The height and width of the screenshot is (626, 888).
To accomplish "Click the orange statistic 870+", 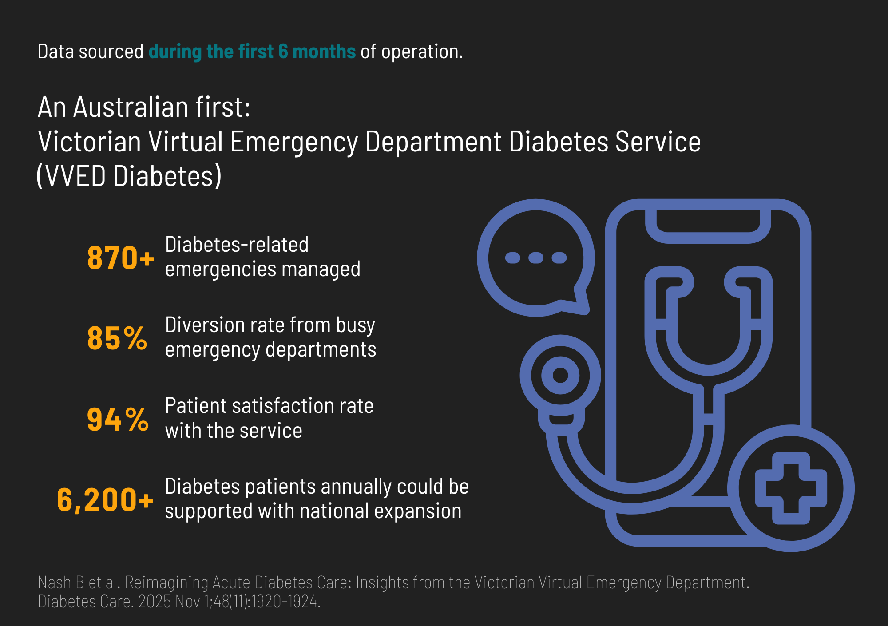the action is click(x=121, y=258).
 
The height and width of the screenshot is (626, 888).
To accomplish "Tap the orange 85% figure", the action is click(x=117, y=338).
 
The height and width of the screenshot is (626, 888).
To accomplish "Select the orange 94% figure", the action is click(x=118, y=419).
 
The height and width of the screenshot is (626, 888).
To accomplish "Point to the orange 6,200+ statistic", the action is click(x=105, y=500).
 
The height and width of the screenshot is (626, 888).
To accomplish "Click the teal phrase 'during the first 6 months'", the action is click(x=252, y=52).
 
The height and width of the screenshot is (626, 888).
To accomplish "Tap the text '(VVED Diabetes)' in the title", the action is click(x=129, y=176).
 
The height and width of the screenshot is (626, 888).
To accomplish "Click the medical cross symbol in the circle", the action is click(x=791, y=488).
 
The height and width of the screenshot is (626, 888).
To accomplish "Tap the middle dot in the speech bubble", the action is click(x=536, y=258).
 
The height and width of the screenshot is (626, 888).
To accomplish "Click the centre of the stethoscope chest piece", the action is click(x=560, y=375).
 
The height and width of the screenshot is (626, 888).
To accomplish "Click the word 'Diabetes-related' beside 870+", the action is click(x=237, y=245).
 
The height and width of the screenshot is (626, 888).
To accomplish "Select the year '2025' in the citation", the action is click(x=155, y=602).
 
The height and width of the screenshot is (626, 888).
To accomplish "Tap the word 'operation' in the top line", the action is click(x=420, y=52).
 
